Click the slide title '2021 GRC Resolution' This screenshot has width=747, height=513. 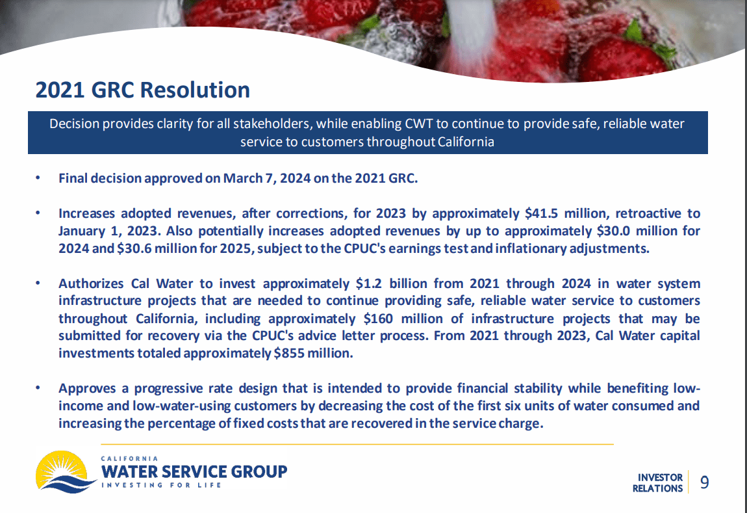pos(142,90)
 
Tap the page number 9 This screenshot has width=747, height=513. pos(704,482)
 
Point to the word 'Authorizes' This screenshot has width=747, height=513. pos(91,283)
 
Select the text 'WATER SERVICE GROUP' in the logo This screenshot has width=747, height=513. pos(195,471)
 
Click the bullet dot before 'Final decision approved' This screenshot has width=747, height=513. pos(38,178)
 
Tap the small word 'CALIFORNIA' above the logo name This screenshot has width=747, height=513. pos(131,458)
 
